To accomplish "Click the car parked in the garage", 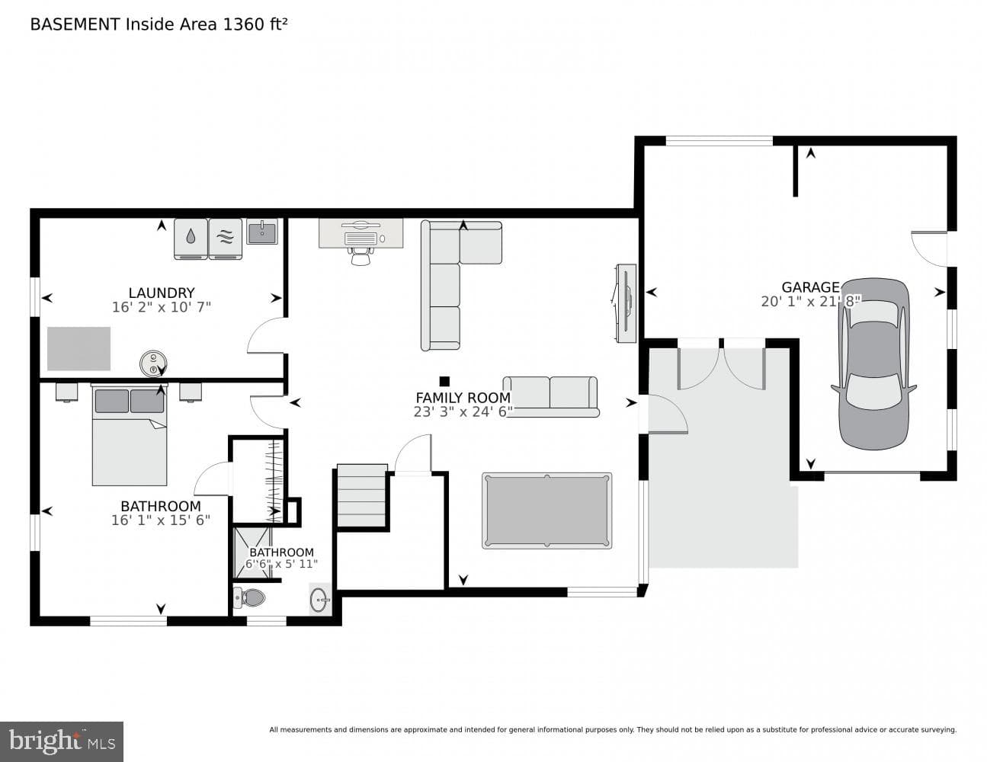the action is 874,363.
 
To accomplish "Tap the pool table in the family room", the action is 546,511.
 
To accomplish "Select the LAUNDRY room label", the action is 162,293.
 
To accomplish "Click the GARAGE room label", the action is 810,287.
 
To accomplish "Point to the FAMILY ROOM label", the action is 463,398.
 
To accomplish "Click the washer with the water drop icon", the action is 191,239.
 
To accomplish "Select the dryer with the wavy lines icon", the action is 226,239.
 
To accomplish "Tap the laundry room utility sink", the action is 262,232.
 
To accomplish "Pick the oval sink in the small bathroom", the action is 321,600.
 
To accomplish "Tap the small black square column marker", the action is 444,381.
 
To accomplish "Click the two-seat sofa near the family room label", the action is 551,396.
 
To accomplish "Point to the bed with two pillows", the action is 130,434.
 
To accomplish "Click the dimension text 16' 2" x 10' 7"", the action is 162,307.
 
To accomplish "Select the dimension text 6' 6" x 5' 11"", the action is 281,564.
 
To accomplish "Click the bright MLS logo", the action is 62,741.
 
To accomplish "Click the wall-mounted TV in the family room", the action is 626,303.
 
